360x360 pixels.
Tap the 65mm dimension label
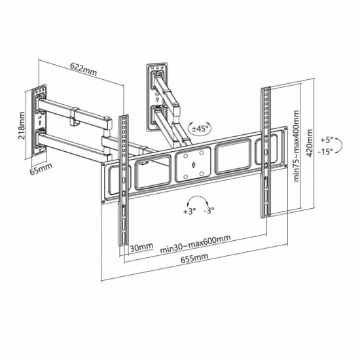[41, 168]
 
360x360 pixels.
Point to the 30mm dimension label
[141, 247]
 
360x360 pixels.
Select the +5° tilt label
[327, 139]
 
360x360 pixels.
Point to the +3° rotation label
[190, 211]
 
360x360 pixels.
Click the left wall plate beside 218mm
[41, 122]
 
